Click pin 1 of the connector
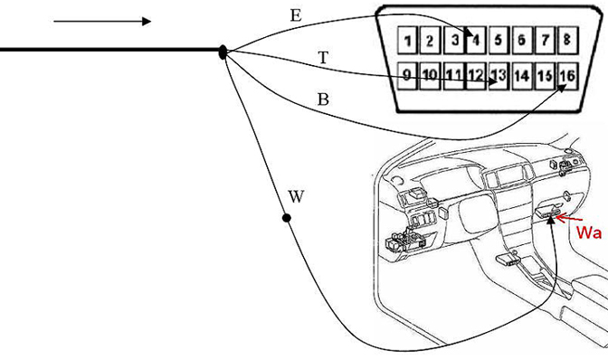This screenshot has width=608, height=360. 409,41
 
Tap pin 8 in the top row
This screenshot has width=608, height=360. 567,41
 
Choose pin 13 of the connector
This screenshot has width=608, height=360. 499,76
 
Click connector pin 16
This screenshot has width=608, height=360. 566,76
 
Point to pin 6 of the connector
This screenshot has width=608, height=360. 522,41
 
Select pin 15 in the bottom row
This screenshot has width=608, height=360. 544,76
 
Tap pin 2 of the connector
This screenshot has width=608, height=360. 432,41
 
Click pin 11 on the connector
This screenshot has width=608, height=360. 454,76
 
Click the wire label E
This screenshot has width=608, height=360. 296,15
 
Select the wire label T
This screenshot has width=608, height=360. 323,58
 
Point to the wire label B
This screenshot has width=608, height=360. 323,99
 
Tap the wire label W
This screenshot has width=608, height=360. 296,196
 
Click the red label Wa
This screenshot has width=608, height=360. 590,232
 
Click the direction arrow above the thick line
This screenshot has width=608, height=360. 101,21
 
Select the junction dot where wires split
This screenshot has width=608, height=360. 223,52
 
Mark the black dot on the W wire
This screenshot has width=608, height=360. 287,218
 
